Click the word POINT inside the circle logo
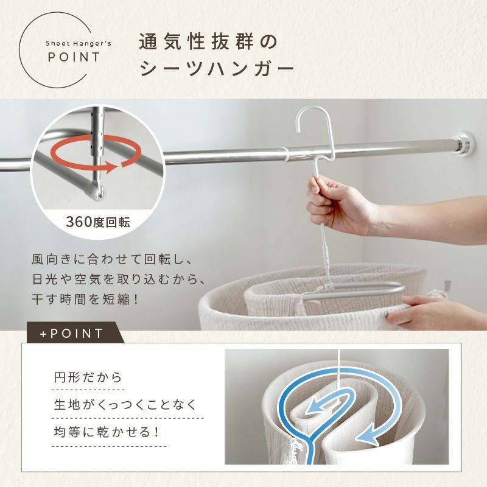[x=74, y=57]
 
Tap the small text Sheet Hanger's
[x=79, y=43]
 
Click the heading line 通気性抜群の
[x=208, y=42]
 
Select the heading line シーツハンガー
[x=217, y=69]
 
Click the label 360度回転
[x=98, y=222]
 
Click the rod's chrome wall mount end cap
[x=464, y=144]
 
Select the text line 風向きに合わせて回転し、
[x=113, y=259]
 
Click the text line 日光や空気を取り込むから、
[x=118, y=279]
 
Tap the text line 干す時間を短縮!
[x=85, y=300]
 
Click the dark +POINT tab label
[x=71, y=334]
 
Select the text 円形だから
[x=88, y=377]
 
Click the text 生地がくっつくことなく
[x=125, y=405]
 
